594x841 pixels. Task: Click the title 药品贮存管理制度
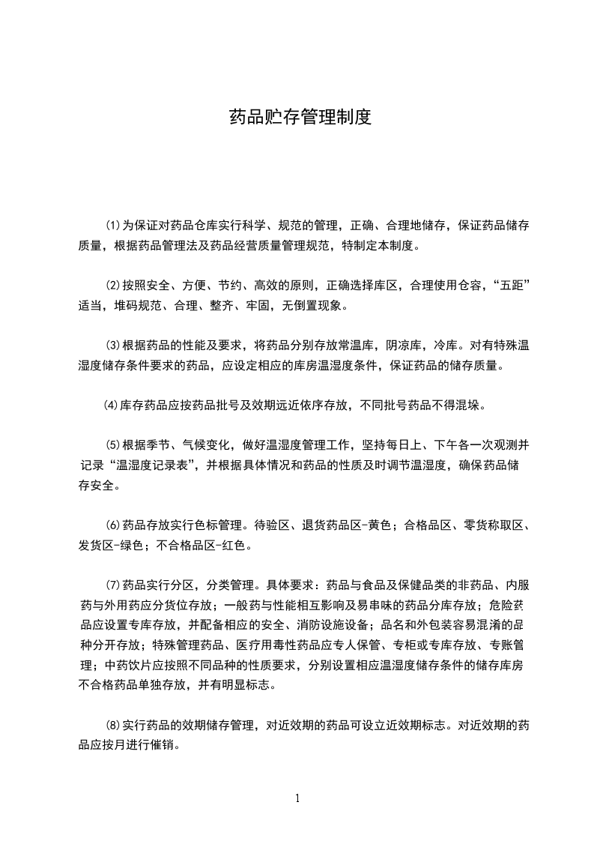[x=299, y=118]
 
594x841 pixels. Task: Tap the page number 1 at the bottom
[x=297, y=798]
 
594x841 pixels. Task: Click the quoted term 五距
[x=511, y=286]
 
